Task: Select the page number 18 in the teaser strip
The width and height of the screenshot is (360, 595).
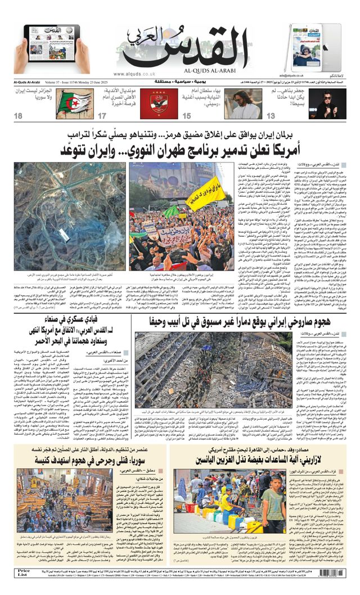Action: tap(19, 116)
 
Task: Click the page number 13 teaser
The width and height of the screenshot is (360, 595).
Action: tap(271, 116)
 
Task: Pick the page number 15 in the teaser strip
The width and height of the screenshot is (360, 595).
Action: tap(186, 116)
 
